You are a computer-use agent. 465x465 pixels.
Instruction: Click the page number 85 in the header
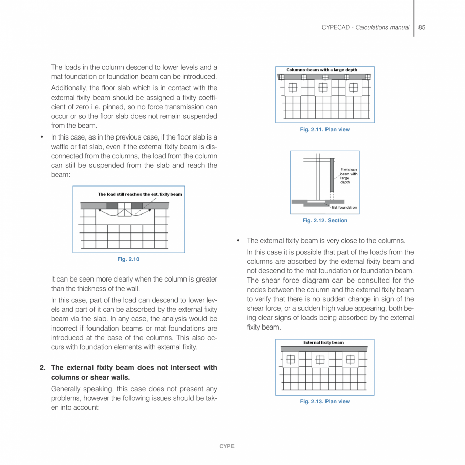click(422, 27)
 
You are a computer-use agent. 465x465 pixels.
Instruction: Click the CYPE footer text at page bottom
click(226, 446)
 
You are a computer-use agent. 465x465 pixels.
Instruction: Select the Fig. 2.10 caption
click(128, 259)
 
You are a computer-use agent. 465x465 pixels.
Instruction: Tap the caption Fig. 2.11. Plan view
click(324, 130)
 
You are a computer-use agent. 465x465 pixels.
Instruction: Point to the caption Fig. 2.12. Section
click(324, 220)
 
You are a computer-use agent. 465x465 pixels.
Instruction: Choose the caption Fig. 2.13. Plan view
click(324, 401)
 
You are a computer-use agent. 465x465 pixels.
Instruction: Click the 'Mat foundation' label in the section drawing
click(344, 207)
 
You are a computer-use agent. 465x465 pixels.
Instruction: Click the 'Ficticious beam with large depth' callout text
click(348, 176)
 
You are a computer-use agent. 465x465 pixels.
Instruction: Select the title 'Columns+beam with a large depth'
click(321, 70)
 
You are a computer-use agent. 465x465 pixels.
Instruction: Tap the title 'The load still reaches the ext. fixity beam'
click(140, 194)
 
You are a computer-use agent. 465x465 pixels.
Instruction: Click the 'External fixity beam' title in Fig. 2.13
click(323, 342)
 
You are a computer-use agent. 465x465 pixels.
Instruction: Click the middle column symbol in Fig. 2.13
click(320, 360)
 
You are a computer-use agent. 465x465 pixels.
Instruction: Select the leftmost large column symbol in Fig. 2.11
click(292, 88)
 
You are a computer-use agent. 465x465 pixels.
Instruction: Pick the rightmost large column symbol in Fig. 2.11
click(354, 88)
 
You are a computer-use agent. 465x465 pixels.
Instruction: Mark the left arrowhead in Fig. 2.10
click(100, 209)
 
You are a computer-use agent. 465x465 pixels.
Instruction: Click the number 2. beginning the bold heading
click(43, 368)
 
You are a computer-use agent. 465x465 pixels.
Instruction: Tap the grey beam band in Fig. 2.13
click(323, 349)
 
